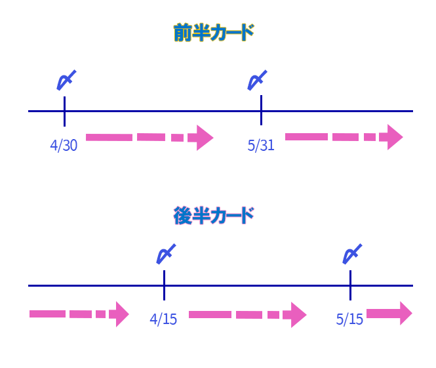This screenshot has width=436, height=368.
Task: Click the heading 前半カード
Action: point(213,33)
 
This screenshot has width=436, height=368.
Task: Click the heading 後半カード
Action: point(213,215)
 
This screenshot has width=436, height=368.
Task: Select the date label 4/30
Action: point(64,146)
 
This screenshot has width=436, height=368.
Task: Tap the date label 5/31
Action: point(261,146)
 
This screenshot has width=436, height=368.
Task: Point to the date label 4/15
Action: point(163,320)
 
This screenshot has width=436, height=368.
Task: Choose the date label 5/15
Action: point(349,320)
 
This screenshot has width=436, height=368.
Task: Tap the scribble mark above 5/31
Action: point(256,80)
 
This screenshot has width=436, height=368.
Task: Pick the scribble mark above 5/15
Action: point(353,254)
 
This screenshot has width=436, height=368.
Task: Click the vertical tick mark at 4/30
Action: point(64,111)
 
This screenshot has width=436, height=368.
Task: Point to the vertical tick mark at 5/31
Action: point(261,110)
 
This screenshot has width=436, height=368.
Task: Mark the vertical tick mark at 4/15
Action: point(164,285)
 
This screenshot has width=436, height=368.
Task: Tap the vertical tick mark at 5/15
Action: point(350,285)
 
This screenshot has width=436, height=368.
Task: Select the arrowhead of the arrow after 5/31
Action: point(393,137)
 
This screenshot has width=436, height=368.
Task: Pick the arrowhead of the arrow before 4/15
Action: point(120,314)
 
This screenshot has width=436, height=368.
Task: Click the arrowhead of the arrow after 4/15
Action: point(298,315)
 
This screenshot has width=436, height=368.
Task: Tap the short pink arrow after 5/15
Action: point(389,314)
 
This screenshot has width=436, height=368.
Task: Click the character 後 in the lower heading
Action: point(183,215)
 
